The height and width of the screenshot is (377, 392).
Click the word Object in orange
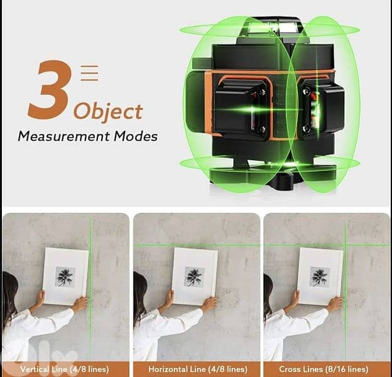click(107, 112)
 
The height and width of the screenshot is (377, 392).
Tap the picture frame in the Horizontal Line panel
click(195, 276)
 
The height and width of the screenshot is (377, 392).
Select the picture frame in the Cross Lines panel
click(320, 276)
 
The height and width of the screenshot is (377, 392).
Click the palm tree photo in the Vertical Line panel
click(65, 276)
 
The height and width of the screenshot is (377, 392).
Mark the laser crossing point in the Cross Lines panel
click(344, 244)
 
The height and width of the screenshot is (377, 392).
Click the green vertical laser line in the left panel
click(90, 327)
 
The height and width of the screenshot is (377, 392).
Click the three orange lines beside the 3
click(90, 73)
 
